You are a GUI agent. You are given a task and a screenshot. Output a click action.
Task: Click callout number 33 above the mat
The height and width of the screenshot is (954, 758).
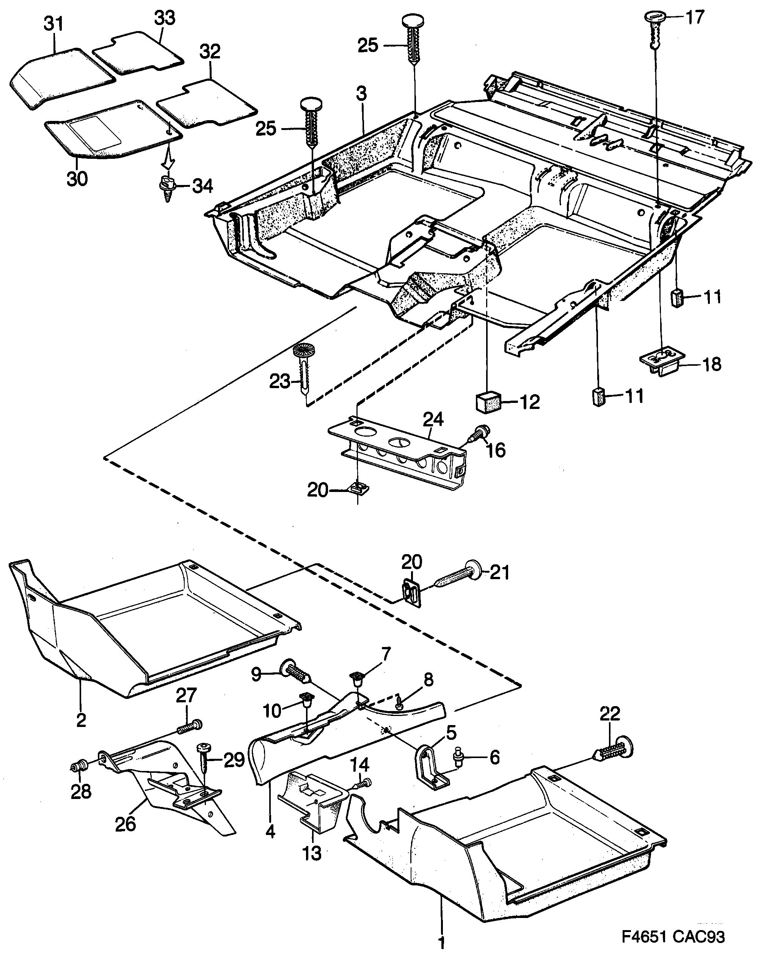point(164,19)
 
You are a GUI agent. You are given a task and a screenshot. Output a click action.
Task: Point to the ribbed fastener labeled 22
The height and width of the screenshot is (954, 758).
point(615,749)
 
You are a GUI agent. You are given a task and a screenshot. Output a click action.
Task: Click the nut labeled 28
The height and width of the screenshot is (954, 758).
point(79,766)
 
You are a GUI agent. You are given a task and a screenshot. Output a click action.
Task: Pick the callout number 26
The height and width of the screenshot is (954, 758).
point(125,824)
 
